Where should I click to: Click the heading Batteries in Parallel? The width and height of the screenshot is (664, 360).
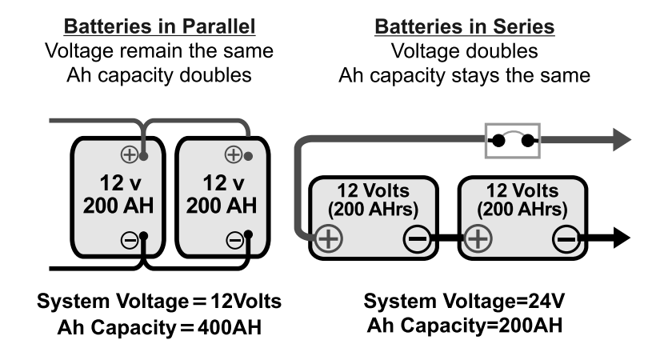(160, 27)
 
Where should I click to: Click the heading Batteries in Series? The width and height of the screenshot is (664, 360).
(465, 27)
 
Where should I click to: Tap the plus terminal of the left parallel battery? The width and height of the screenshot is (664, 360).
(130, 154)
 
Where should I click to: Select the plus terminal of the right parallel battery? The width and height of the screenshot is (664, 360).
(234, 154)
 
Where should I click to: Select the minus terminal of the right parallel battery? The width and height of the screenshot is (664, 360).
(234, 238)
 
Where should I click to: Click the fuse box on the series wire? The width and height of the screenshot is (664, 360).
(513, 141)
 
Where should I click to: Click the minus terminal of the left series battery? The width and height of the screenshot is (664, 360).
(417, 238)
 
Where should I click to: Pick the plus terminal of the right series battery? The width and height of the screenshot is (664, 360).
(478, 238)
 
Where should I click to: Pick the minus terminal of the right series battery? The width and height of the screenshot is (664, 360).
(566, 238)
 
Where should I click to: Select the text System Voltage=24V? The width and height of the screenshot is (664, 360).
(465, 303)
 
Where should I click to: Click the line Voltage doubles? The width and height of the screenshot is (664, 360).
(465, 52)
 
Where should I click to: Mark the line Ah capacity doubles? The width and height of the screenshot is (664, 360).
(160, 76)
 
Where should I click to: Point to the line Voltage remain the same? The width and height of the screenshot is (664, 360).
(160, 52)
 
